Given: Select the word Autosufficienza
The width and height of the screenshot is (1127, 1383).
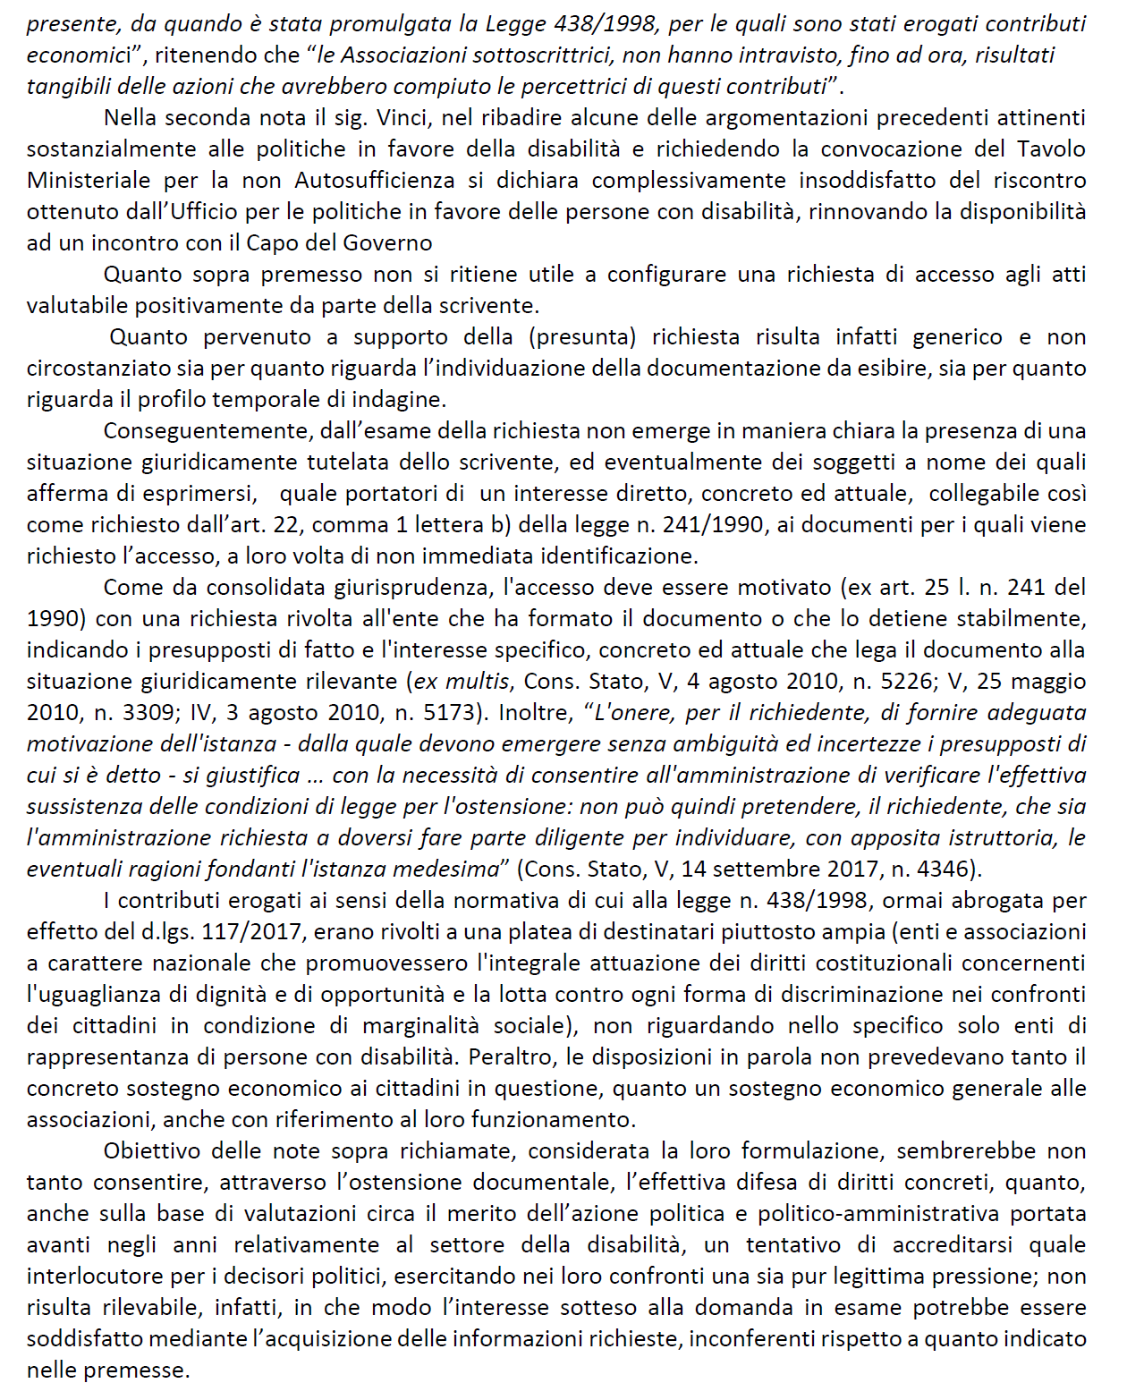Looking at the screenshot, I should coord(375,181).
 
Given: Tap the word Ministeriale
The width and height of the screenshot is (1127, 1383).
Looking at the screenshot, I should coord(89,181).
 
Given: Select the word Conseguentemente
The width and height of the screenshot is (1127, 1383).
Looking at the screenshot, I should coord(205,431).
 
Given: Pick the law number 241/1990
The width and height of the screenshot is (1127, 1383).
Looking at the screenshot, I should coord(713,525).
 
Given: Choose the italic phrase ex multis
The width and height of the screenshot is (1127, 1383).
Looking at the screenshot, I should coord(462,682).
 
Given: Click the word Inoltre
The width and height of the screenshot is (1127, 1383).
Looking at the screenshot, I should coord(535,713).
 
